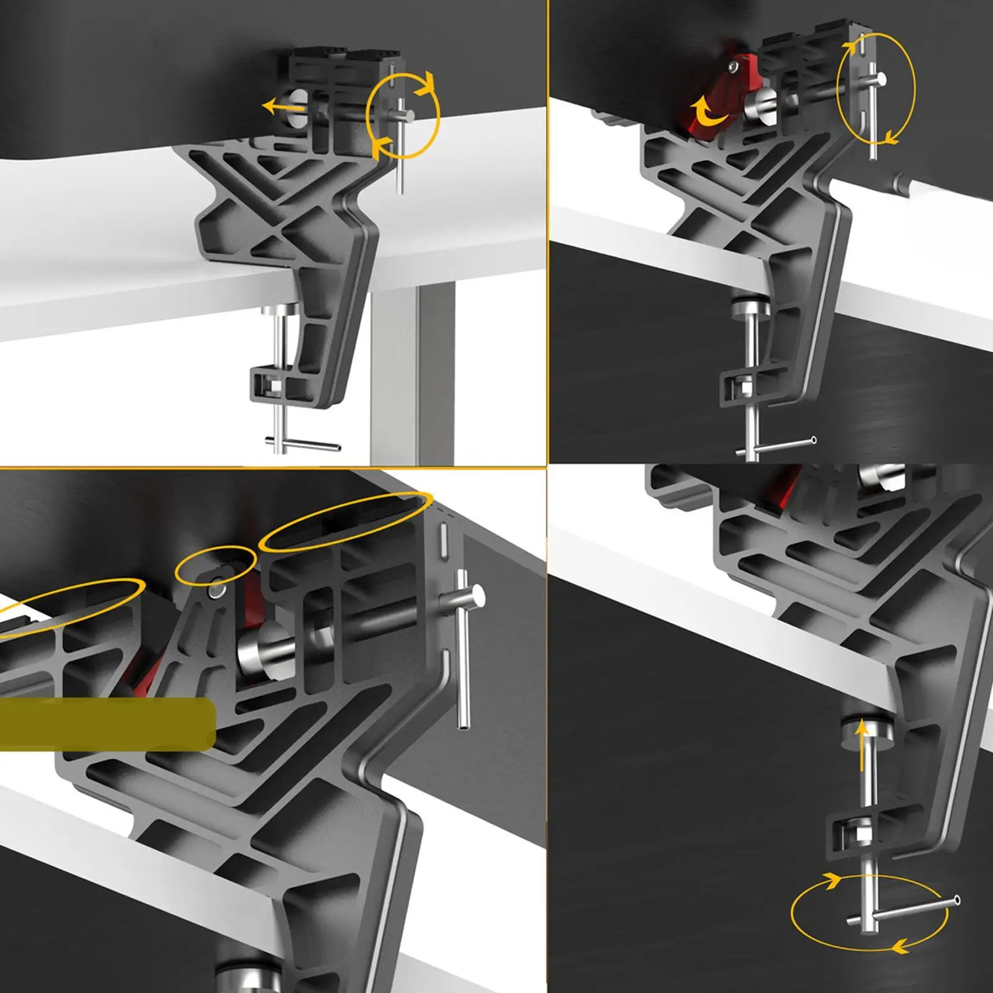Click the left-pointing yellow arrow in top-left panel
coord(282,107)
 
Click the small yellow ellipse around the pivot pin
coord(215,565)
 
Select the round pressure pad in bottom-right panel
coord(868,729)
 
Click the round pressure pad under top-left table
coord(277,310)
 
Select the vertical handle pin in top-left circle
coord(400,146)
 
